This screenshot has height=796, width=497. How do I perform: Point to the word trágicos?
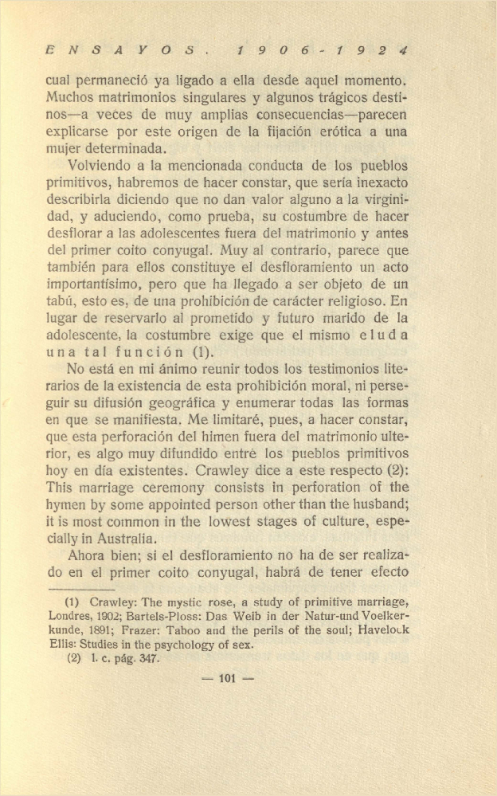[346, 98]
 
